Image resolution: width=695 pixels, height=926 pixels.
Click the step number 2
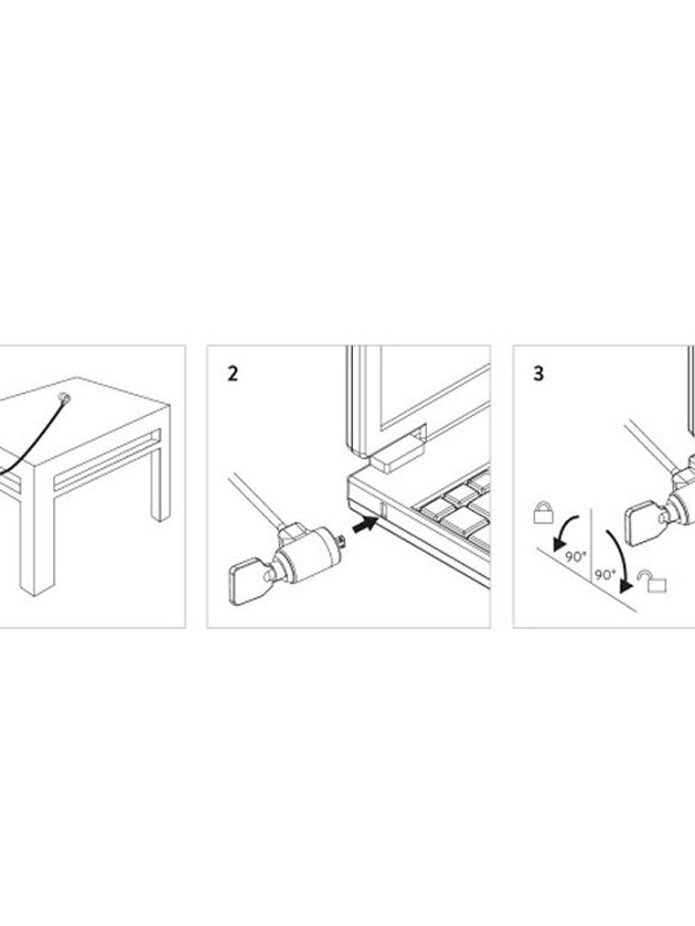pos(232,374)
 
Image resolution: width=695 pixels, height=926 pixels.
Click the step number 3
pos(539,374)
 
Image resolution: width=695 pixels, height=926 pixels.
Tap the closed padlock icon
pos(544,512)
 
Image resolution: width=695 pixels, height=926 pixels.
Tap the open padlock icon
pos(654,580)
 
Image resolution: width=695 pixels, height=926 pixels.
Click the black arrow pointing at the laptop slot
pos(363,525)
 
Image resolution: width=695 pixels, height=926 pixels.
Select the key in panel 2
pos(245,582)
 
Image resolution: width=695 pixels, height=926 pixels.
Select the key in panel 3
pos(643,522)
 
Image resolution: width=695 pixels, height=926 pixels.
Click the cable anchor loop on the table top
pos(64,398)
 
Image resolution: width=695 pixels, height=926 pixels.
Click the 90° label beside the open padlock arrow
pos(605,575)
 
